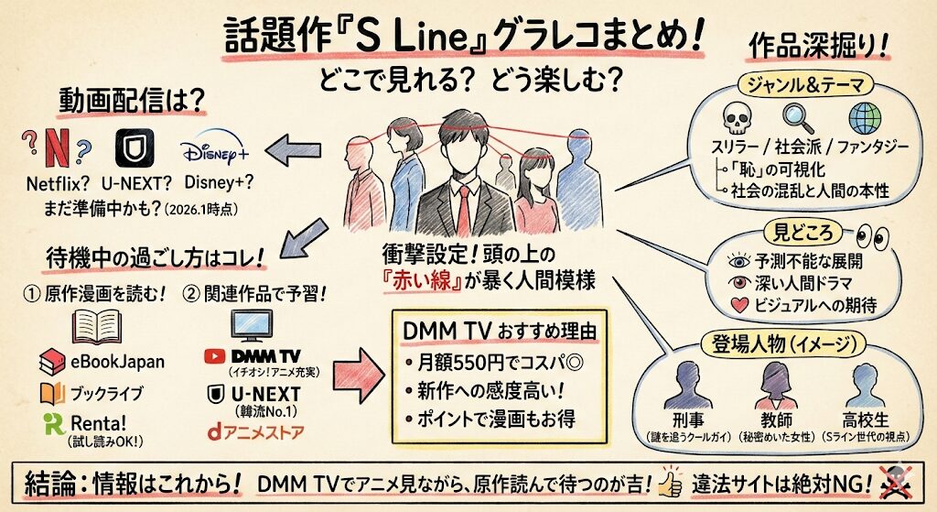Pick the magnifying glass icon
click(797, 118)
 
